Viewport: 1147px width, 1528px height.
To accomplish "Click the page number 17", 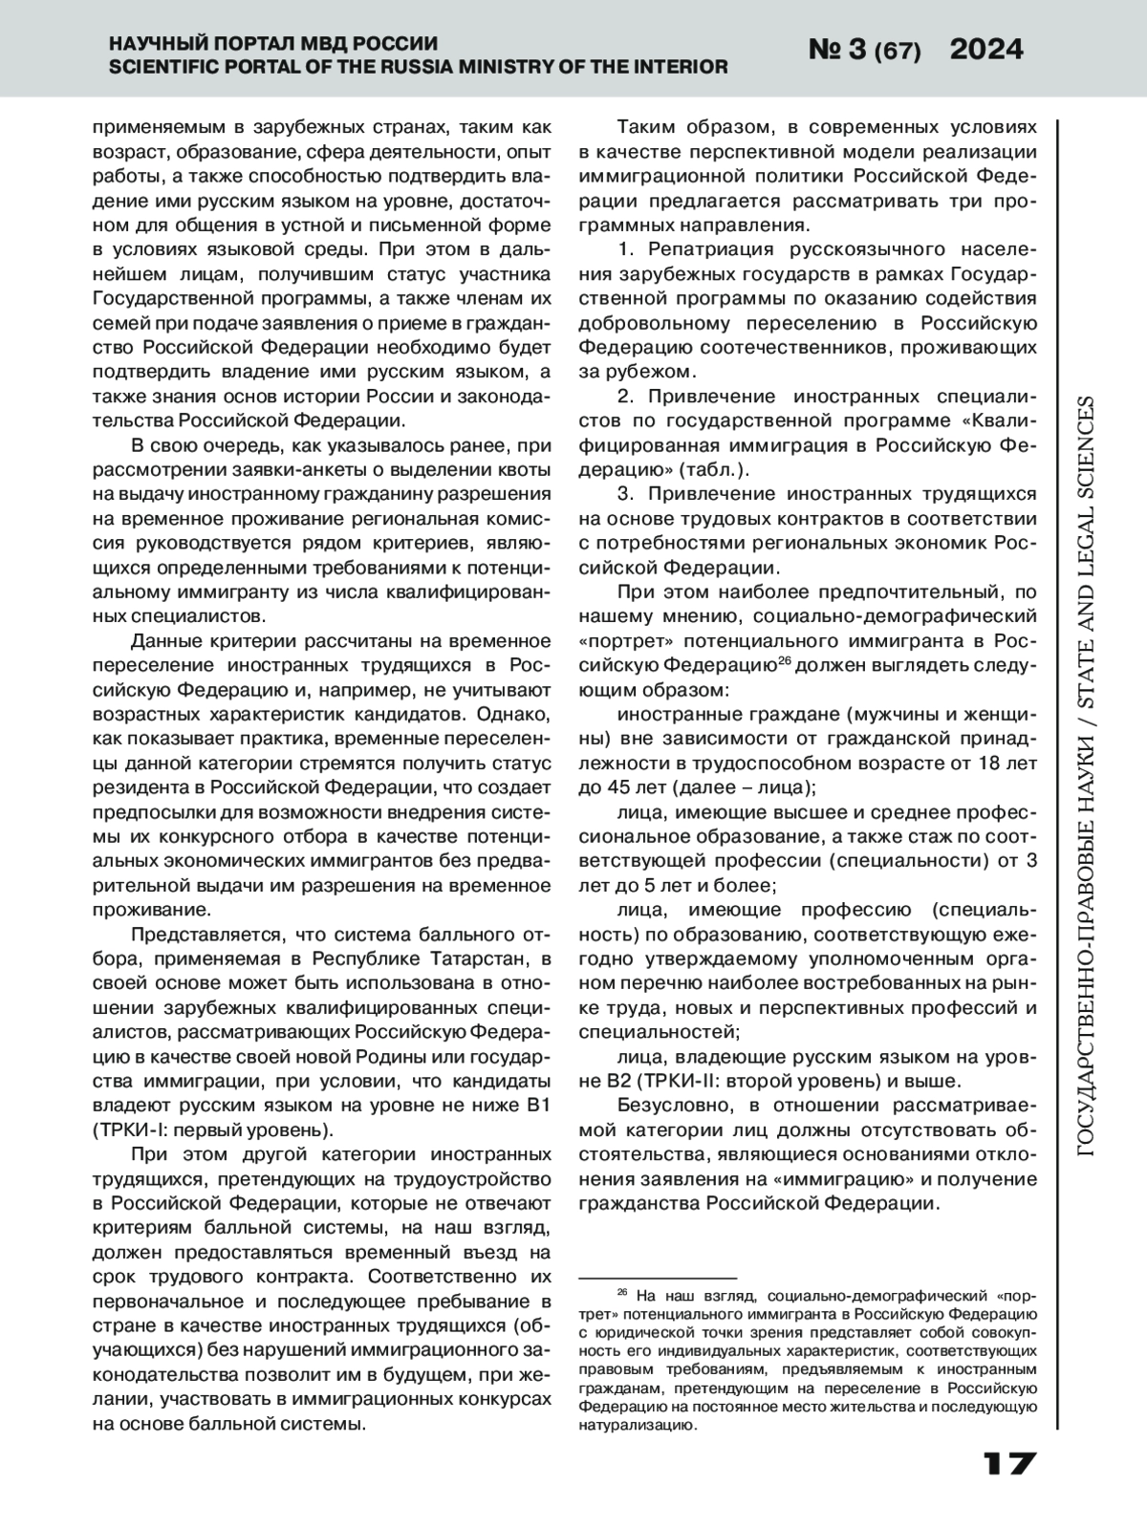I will pos(1008,1464).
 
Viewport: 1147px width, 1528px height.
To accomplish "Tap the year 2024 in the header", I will pos(986,50).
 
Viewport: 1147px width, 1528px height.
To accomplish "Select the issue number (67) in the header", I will pos(898,52).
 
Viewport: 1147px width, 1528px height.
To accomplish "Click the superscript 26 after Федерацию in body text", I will pos(785,659).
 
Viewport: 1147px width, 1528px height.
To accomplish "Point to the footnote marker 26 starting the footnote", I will pos(621,1293).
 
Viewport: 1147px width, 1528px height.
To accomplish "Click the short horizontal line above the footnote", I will pos(658,1278).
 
